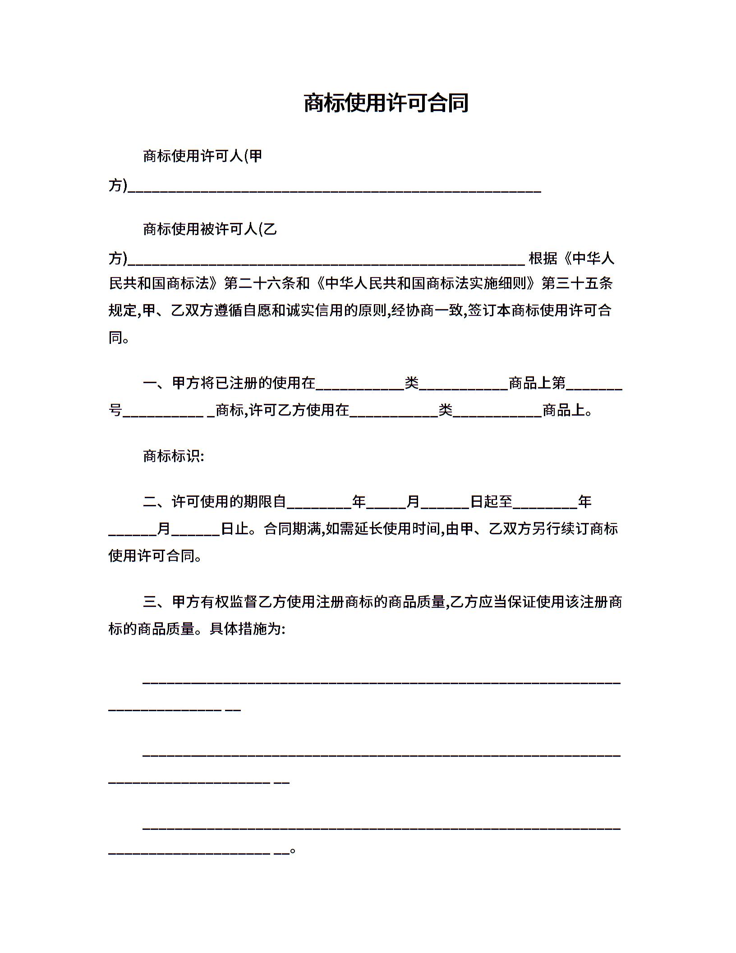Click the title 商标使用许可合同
pyautogui.click(x=386, y=103)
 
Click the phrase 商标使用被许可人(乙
pyautogui.click(x=210, y=229)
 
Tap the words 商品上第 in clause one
pyautogui.click(x=537, y=383)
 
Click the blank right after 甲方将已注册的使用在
pyautogui.click(x=360, y=386)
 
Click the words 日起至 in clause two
pyautogui.click(x=491, y=501)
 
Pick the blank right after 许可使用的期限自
pyautogui.click(x=319, y=504)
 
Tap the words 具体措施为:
pyautogui.click(x=247, y=629)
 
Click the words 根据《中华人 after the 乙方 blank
pyautogui.click(x=571, y=259)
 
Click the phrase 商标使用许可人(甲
pyautogui.click(x=202, y=156)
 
